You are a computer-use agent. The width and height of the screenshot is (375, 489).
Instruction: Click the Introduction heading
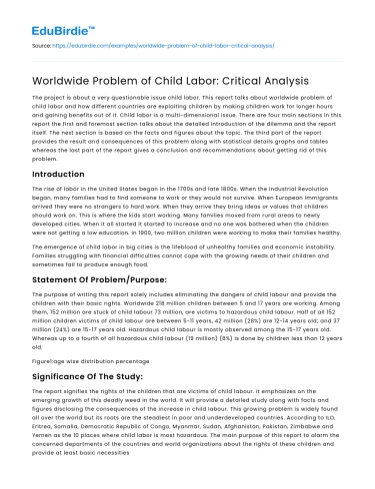click(66, 173)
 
